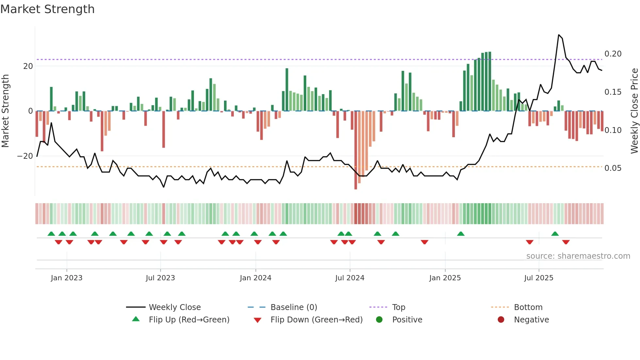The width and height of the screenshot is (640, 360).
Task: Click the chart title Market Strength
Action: (47, 9)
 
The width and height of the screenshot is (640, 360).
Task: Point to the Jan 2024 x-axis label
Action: (255, 278)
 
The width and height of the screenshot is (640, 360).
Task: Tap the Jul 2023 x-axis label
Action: (160, 278)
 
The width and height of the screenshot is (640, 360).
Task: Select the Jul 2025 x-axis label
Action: (538, 278)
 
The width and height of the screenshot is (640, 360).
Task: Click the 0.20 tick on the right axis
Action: (613, 54)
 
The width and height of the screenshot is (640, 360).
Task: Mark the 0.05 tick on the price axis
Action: (613, 168)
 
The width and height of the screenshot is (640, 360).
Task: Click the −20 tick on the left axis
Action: (25, 156)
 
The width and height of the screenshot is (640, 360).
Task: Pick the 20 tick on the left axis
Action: (28, 66)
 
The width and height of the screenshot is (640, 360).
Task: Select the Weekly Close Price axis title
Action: (634, 111)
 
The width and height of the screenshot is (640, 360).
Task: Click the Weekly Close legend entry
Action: (175, 307)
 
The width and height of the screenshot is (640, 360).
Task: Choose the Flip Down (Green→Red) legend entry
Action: (316, 320)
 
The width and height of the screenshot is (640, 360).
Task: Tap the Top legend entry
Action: (398, 307)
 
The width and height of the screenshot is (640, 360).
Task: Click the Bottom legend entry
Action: (528, 307)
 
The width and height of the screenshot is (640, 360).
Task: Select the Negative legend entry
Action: (531, 320)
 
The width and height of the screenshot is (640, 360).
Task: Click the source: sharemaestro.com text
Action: (578, 256)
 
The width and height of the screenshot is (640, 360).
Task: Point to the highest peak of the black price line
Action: (559, 35)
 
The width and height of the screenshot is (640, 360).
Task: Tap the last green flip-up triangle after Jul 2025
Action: (555, 234)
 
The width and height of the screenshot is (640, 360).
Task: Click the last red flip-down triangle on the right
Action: (566, 242)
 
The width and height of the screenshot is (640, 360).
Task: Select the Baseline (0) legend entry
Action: (294, 307)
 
